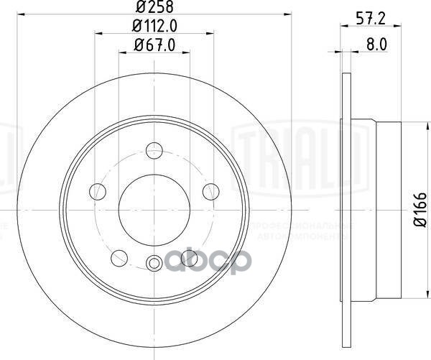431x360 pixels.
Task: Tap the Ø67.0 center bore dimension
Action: point(153,47)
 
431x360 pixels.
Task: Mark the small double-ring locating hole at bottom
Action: point(154,262)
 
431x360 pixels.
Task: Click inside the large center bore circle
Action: point(153,208)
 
